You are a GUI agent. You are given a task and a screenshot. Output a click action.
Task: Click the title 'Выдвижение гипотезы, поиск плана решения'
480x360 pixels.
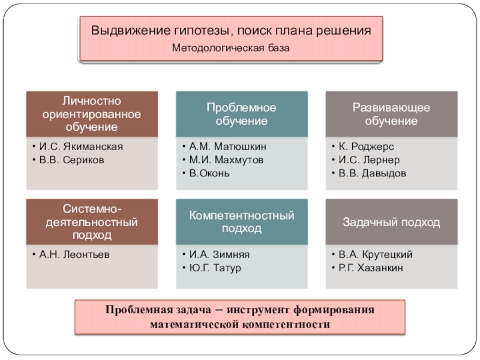230,30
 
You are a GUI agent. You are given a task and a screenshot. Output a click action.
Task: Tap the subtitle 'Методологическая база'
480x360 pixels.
230,47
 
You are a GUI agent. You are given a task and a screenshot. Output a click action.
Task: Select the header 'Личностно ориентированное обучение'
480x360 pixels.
92,113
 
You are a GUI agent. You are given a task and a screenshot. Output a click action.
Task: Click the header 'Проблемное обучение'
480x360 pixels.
241,113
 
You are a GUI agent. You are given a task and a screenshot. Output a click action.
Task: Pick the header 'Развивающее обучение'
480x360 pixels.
391,113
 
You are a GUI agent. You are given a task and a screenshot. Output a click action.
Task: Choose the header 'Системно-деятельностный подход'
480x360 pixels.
92,221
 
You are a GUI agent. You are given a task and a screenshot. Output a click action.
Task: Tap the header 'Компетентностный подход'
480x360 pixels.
241,221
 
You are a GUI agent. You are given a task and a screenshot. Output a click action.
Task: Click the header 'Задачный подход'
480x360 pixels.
391,222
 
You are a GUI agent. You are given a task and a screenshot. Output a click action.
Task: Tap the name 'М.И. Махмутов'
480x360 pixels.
226,160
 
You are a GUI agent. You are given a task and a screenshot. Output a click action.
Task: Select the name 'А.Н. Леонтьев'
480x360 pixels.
75,254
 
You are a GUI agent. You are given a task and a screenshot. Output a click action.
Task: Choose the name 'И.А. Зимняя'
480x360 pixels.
220,254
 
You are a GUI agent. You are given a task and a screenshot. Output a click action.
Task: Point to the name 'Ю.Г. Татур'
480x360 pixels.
215,268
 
